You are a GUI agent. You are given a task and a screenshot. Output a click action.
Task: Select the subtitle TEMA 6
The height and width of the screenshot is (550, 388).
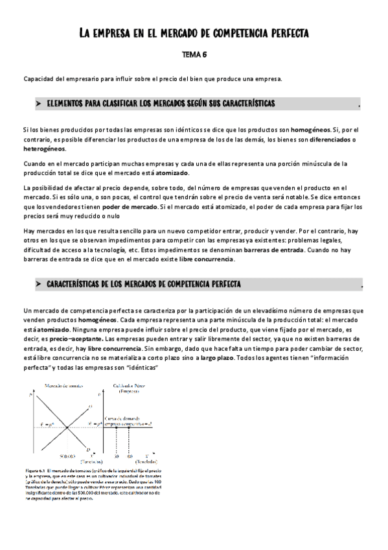[193, 55]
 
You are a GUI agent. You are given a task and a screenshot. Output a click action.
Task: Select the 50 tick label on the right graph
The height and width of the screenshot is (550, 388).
[116, 456]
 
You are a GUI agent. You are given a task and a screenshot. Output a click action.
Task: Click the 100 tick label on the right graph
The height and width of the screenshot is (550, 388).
[129, 456]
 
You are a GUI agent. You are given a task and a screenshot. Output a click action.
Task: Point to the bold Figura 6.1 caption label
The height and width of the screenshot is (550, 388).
[36, 468]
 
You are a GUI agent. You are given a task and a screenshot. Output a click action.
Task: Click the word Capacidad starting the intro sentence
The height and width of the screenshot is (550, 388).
[38, 79]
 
